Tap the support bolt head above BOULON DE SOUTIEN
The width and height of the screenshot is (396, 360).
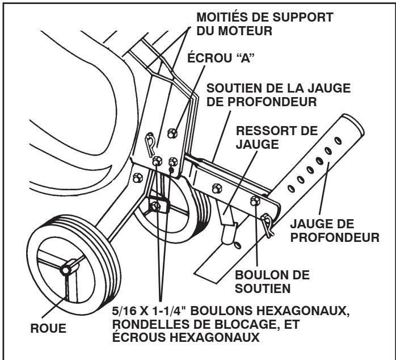click(x=255, y=200)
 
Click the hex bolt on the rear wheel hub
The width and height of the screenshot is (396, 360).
click(x=154, y=206)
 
